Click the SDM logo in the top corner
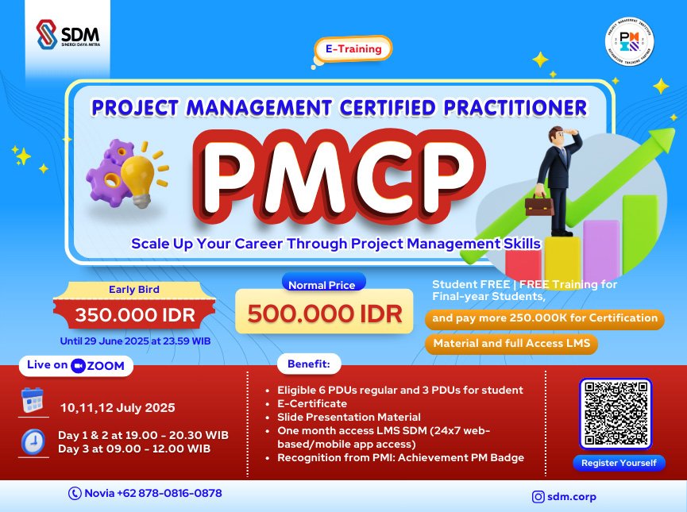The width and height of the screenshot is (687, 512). [68, 35]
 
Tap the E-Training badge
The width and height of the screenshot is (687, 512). [353, 48]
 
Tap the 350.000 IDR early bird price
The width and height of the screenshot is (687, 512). [135, 314]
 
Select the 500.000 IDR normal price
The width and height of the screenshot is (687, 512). [324, 313]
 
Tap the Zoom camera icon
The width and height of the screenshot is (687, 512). [78, 366]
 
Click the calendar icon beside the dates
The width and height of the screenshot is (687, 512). [33, 400]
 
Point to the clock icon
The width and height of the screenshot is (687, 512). [33, 441]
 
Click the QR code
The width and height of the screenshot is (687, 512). [616, 414]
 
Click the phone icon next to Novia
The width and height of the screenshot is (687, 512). [75, 493]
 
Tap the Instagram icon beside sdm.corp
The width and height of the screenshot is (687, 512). [538, 497]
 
